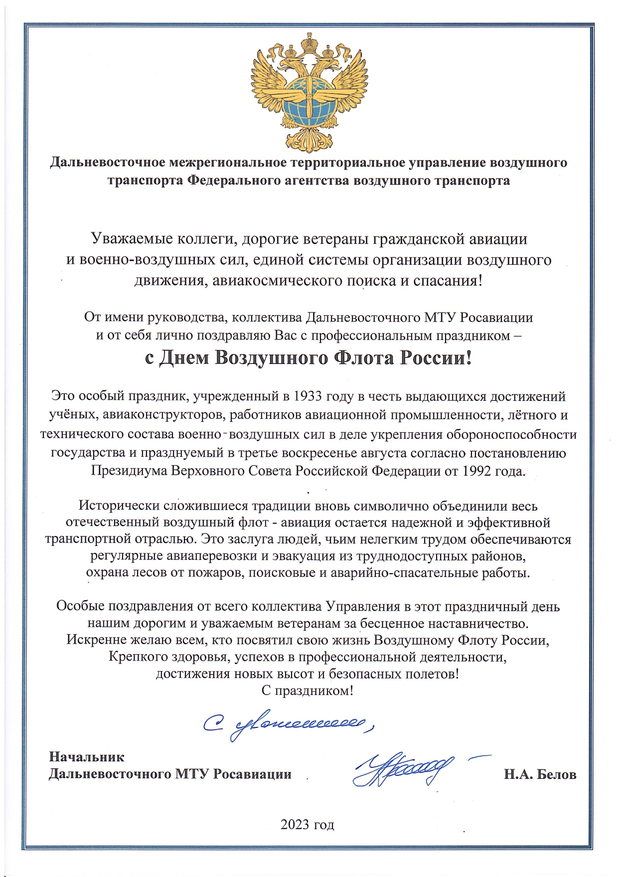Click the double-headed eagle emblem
pyautogui.click(x=309, y=92)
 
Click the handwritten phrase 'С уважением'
pyautogui.click(x=289, y=723)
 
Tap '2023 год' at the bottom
pyautogui.click(x=307, y=824)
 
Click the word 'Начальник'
pyautogui.click(x=86, y=757)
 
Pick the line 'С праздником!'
pyautogui.click(x=307, y=691)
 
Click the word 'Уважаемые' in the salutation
pyautogui.click(x=131, y=239)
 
